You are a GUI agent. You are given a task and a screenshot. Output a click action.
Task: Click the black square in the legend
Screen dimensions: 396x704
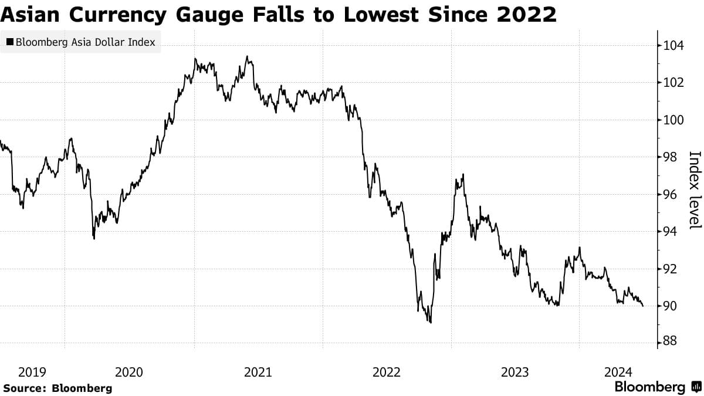(x=9, y=42)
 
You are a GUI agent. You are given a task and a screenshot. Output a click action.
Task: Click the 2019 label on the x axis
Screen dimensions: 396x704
(x=32, y=372)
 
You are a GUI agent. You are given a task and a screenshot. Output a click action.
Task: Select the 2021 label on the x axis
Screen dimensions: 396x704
(x=258, y=372)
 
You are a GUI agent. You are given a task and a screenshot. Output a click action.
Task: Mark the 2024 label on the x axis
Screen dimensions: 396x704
(x=618, y=372)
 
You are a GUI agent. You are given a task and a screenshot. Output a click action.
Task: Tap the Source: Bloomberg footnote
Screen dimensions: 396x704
(x=57, y=388)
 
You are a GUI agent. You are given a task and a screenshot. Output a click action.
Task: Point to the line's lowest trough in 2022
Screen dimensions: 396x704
(x=431, y=322)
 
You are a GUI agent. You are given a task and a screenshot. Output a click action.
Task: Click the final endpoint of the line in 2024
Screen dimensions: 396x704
(x=643, y=306)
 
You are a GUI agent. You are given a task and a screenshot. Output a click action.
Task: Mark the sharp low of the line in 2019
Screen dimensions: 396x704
(x=94, y=238)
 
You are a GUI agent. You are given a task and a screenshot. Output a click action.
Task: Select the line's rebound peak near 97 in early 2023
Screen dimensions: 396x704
(x=463, y=174)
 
